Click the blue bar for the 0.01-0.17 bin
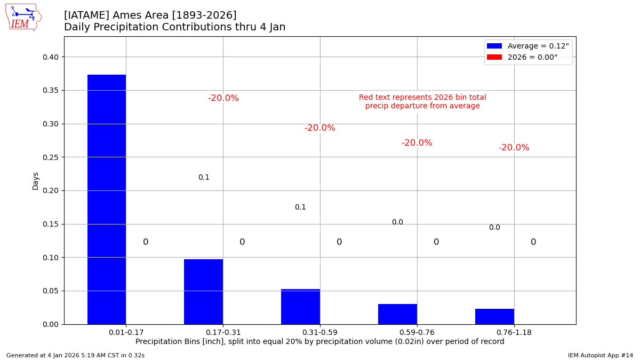point(107,199)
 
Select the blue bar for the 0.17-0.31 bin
point(203,292)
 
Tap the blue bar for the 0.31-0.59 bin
point(300,307)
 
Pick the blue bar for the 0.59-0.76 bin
point(397,314)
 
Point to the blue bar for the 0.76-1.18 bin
point(494,316)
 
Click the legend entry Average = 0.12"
point(527,46)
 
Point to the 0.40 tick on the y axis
point(53,57)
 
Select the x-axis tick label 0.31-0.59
point(319,332)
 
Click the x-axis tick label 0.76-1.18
point(514,332)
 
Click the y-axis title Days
point(36,181)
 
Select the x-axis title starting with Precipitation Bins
point(319,342)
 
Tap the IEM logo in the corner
point(23,17)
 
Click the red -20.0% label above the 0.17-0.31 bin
point(223,98)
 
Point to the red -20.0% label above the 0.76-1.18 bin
point(514,148)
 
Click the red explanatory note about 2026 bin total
point(422,101)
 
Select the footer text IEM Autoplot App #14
point(600,355)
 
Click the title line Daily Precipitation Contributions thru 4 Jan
point(174,27)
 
